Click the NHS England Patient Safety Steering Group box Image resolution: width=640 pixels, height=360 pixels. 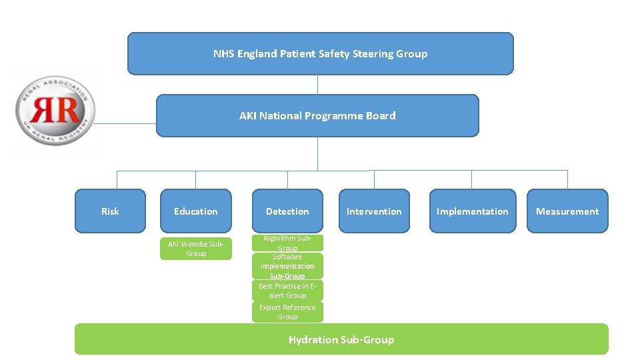pos(320,53)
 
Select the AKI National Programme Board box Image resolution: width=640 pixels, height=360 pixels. pos(317,115)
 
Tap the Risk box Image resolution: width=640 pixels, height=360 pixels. pos(110,211)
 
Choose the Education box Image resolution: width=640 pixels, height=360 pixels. pos(195,211)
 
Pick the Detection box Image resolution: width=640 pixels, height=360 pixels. pos(287,211)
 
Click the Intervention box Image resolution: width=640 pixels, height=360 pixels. pos(374,211)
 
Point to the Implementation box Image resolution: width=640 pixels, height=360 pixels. pos(472,211)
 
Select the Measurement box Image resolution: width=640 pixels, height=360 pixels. pos(567,211)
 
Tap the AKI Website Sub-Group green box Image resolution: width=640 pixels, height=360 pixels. pos(196,249)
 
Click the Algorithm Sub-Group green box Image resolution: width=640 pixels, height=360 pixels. pos(287,243)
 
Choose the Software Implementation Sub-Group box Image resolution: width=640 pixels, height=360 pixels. pos(287,266)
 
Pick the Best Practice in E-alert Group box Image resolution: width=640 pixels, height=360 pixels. pos(287,290)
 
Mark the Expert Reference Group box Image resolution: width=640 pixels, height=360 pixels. pos(287,312)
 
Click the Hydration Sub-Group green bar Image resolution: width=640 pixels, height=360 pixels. pos(341,339)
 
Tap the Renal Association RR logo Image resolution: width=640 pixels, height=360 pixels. pos(55,111)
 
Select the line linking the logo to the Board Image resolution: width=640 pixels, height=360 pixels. pos(127,123)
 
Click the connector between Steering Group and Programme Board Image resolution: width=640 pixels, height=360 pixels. pos(318,84)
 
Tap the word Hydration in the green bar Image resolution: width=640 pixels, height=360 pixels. pos(313,339)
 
